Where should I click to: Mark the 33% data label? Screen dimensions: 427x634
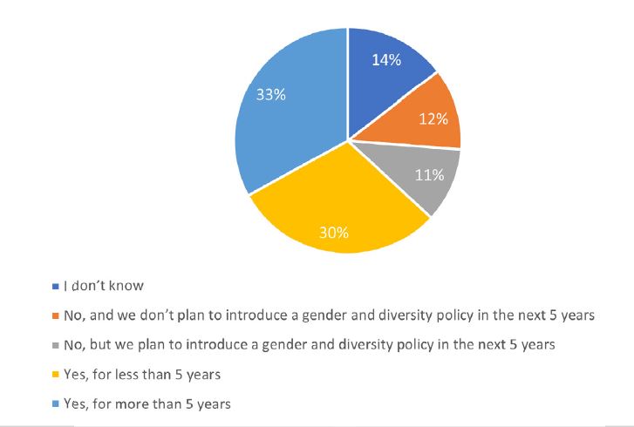click(270, 95)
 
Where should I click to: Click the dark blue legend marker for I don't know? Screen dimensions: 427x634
click(55, 286)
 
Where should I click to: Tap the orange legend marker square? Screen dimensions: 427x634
click(55, 315)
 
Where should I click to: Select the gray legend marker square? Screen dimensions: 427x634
click(55, 345)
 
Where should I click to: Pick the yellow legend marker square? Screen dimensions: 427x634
click(55, 375)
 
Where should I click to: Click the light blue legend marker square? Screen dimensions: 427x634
click(55, 404)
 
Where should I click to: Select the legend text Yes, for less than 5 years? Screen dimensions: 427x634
click(138, 375)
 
